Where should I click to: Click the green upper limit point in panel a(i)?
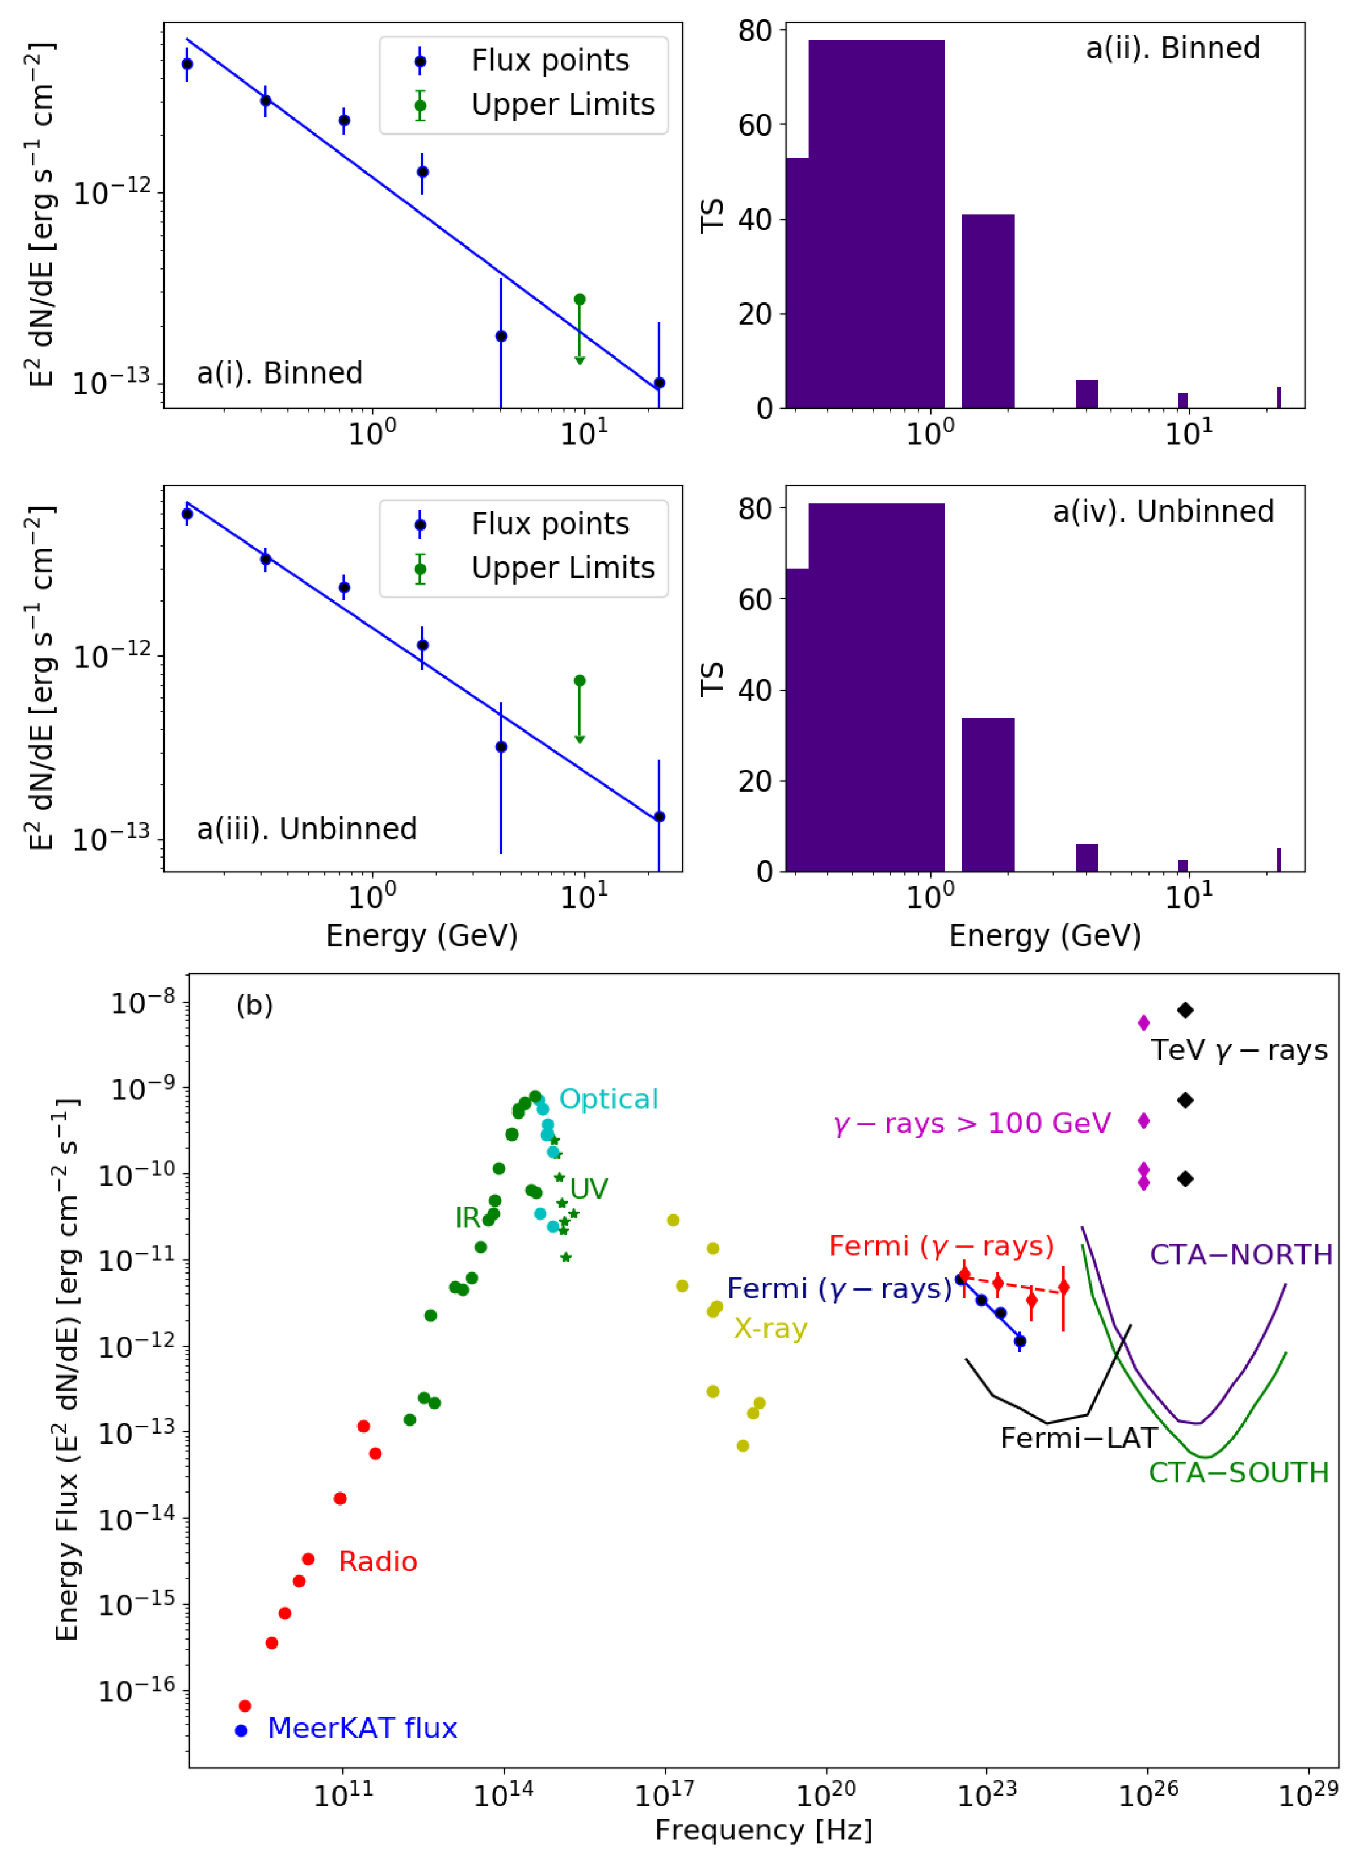(580, 300)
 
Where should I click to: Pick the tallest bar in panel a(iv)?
(876, 687)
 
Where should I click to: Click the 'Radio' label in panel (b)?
(378, 1562)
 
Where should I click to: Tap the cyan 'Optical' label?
(609, 1099)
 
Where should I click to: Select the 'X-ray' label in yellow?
(770, 1329)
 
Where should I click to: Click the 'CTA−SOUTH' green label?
(1238, 1472)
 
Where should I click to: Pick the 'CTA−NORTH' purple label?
(1240, 1255)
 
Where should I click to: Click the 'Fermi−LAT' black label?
(1079, 1438)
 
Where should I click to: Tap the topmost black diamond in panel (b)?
(1185, 1010)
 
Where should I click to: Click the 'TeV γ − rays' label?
(1238, 1050)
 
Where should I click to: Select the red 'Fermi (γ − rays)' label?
(941, 1246)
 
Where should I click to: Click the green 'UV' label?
(589, 1189)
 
